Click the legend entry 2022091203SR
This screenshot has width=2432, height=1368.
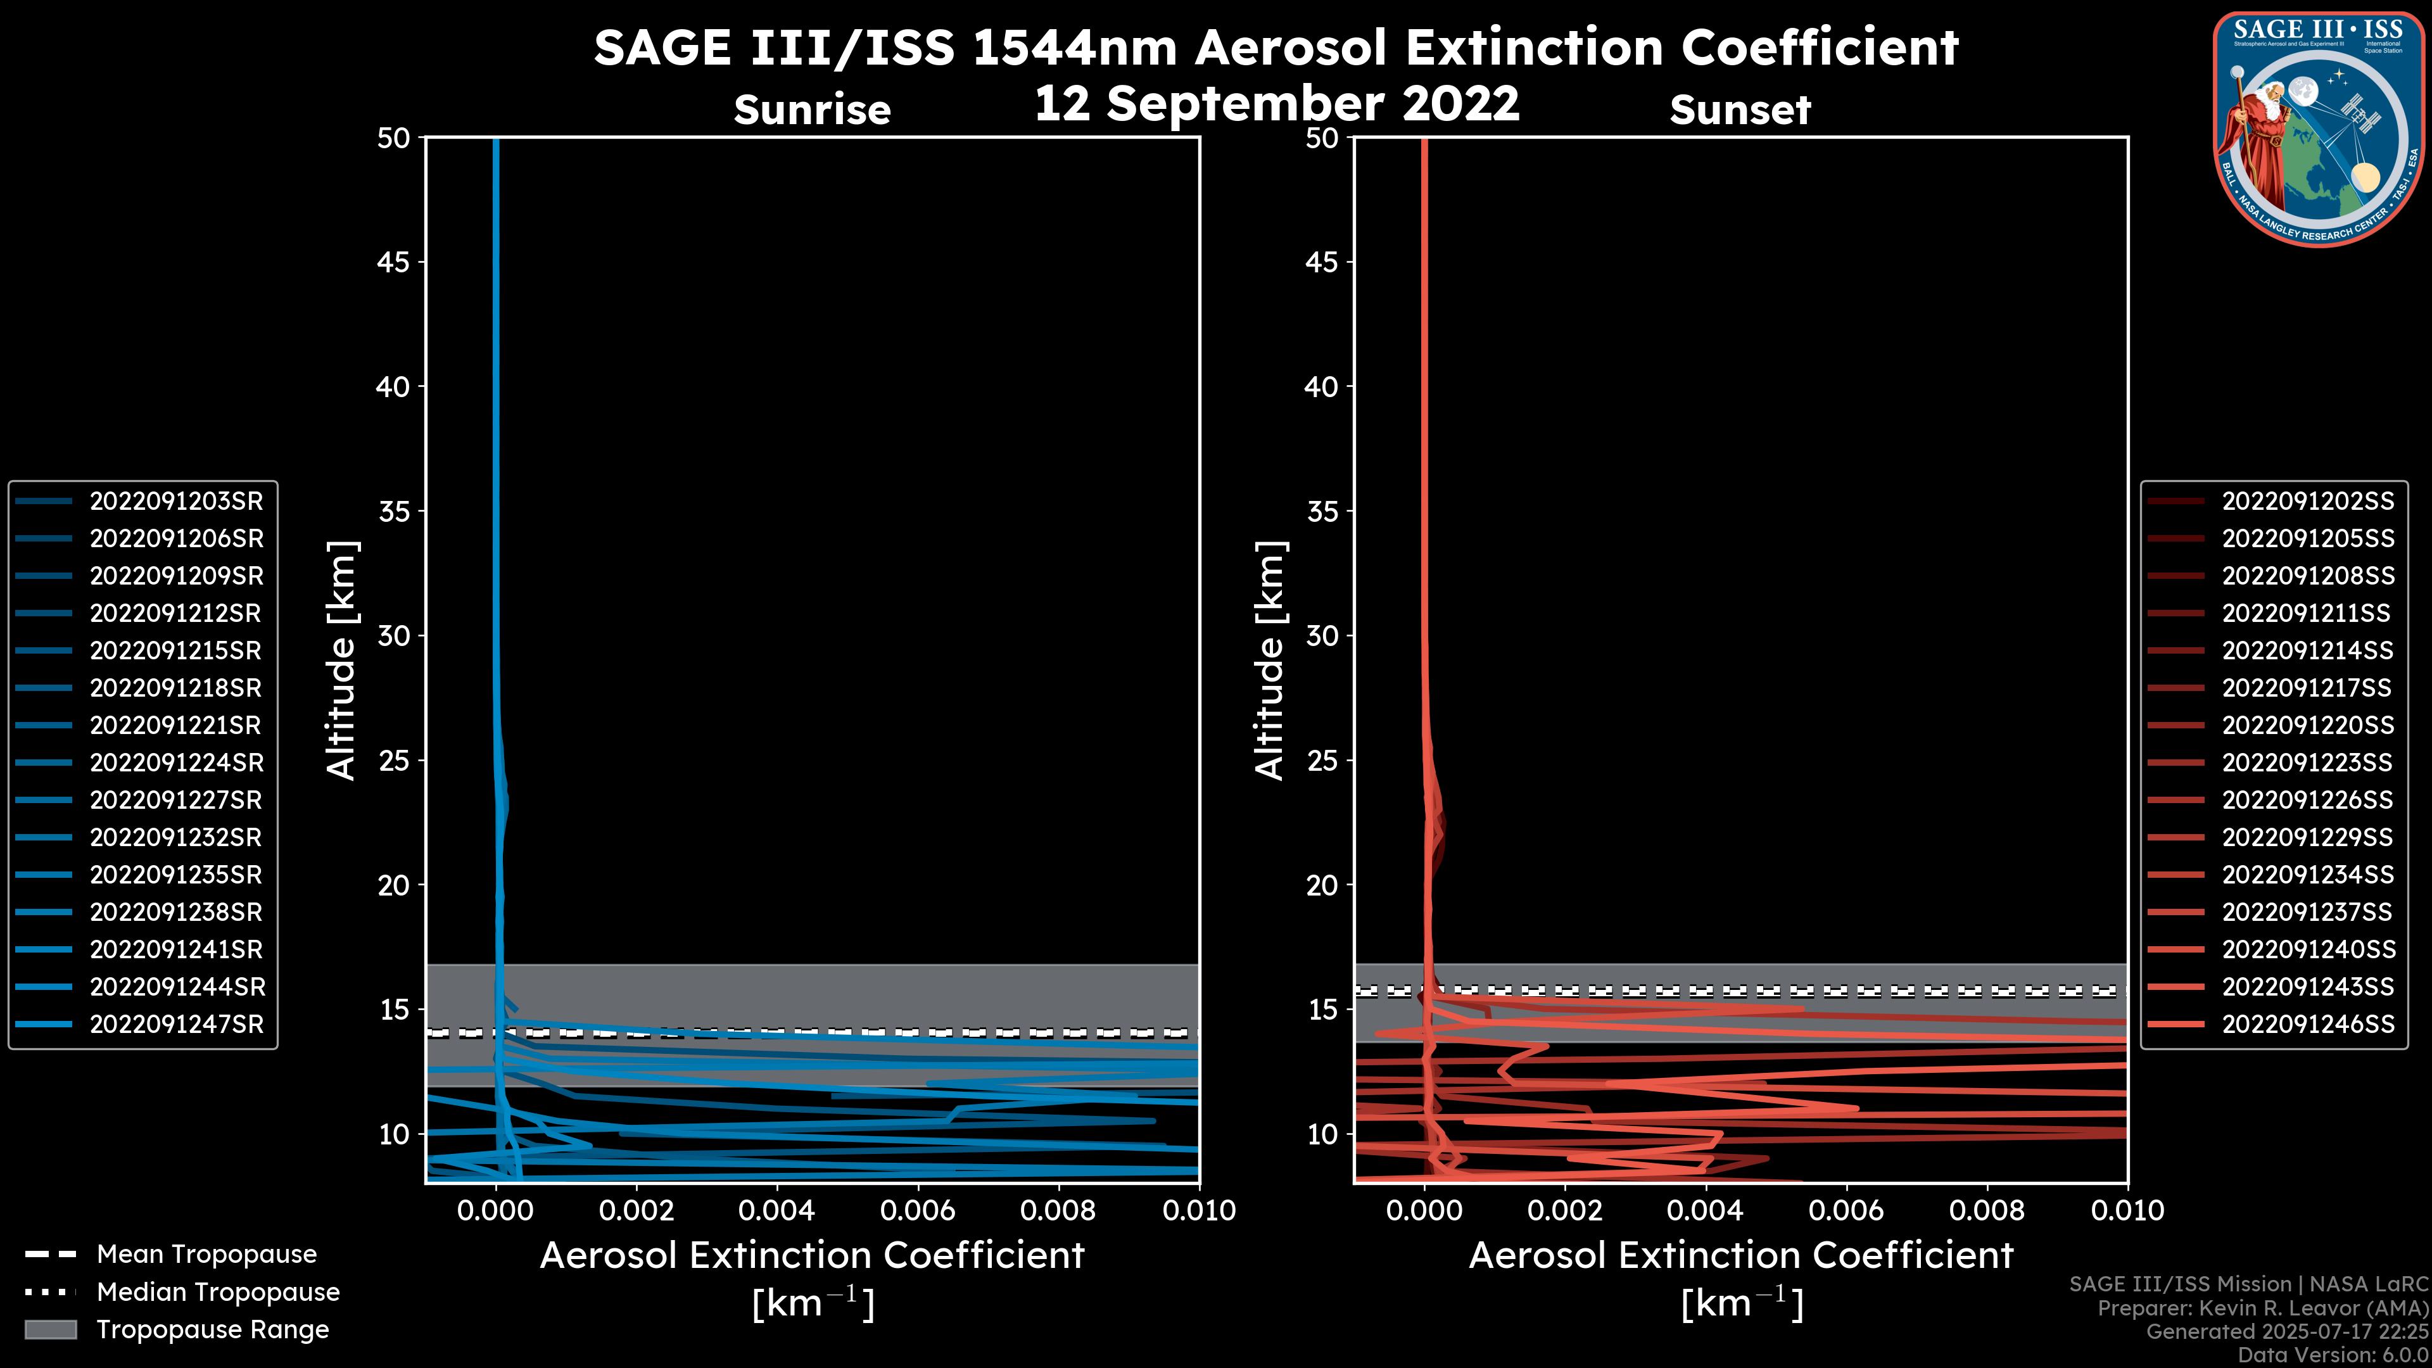(x=175, y=502)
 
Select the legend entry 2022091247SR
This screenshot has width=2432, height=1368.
(x=175, y=1024)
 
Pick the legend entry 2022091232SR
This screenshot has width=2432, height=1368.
(x=175, y=837)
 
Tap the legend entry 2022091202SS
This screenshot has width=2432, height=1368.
(x=2307, y=502)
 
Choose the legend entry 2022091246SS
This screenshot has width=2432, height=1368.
(x=2307, y=1024)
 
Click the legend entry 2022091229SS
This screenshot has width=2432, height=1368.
(x=2307, y=837)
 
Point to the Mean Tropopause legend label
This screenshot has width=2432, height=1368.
(x=206, y=1255)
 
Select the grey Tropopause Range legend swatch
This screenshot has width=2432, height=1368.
(x=50, y=1329)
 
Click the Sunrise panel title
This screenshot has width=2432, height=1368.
(x=812, y=110)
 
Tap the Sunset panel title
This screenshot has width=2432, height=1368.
(x=1740, y=110)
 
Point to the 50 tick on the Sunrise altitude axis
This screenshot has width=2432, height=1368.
(x=394, y=138)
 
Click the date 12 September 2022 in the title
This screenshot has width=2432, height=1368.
(x=1276, y=103)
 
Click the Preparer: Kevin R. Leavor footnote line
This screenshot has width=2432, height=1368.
(x=2262, y=1308)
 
